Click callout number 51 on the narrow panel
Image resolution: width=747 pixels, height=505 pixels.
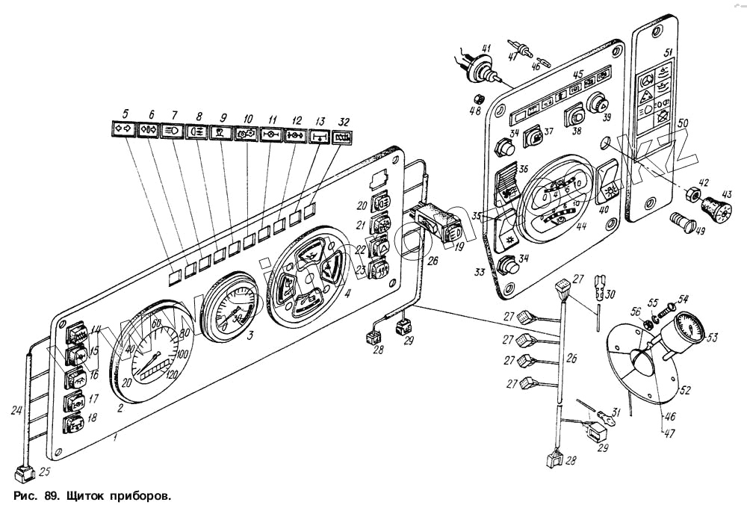tap(669, 51)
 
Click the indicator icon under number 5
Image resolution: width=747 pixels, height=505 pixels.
tap(123, 129)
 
